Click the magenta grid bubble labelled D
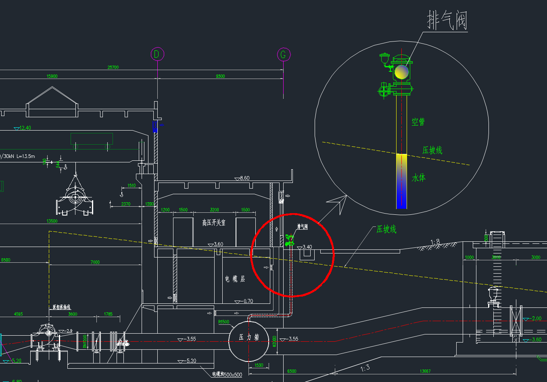pos(157,54)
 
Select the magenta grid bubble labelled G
pos(284,54)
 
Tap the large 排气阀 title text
pos(447,21)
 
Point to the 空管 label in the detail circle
pos(418,122)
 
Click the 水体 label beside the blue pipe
pos(418,177)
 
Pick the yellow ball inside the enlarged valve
pos(401,72)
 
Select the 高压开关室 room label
pos(214,222)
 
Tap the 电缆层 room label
pos(235,279)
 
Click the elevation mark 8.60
pos(244,178)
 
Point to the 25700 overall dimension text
pos(113,67)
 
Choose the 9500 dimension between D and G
pos(220,76)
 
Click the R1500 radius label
pos(223,322)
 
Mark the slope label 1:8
pos(435,242)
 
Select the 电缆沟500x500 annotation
pos(227,375)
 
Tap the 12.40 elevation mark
pos(25,128)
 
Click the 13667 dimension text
pos(425,371)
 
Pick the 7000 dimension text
pos(95,262)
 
